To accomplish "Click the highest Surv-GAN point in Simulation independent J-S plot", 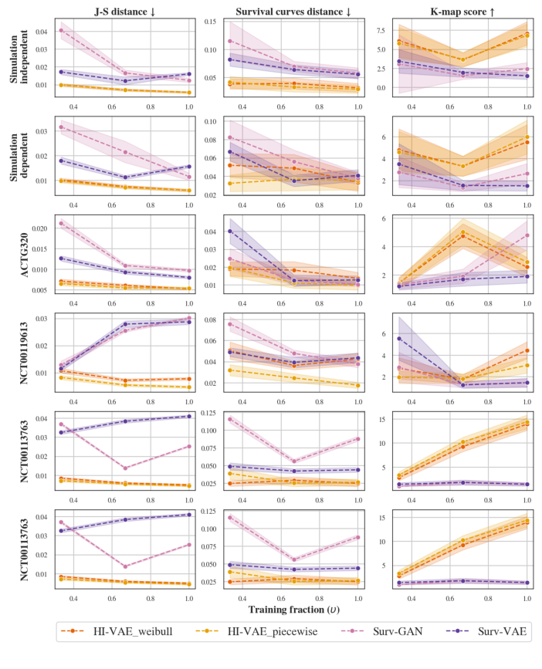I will [62, 30].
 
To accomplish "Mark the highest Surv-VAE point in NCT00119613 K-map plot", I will [399, 338].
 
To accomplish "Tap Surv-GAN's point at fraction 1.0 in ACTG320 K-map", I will [527, 235].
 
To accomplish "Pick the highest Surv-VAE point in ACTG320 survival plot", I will [229, 231].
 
